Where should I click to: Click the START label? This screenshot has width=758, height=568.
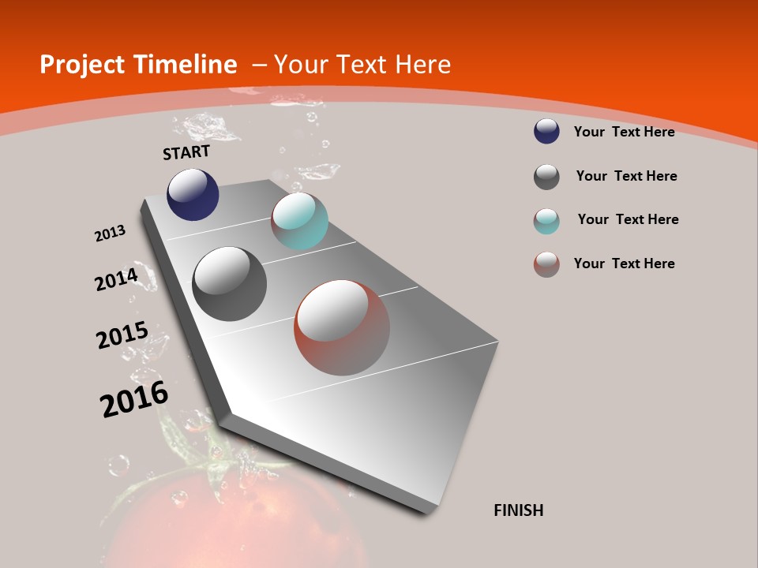point(186,152)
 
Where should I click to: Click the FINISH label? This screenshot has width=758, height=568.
point(519,510)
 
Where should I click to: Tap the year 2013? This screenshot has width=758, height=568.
point(110,234)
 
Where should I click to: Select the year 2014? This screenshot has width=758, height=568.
point(116,279)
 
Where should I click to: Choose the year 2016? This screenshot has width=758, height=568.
point(134,399)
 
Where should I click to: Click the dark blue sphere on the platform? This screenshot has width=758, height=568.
point(193,195)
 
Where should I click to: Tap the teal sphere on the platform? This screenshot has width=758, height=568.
point(299,221)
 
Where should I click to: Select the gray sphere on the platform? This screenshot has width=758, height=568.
point(229,284)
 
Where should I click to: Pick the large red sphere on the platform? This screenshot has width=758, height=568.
point(342,327)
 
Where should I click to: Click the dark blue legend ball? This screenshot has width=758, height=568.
point(546,132)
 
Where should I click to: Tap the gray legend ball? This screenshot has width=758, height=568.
point(546,177)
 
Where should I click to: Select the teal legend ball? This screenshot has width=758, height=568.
point(546,221)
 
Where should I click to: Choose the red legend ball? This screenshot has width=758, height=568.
point(546,264)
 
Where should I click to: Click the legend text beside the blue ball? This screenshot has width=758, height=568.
point(624,132)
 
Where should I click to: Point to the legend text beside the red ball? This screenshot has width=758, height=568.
point(624,263)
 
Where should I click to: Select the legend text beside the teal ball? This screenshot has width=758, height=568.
point(628,219)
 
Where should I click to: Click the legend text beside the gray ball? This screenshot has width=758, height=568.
point(626,176)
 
